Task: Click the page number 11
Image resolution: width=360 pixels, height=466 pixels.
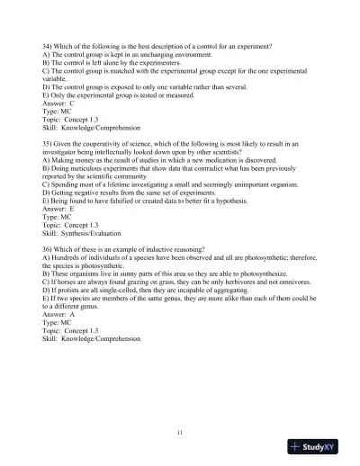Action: (x=180, y=435)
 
